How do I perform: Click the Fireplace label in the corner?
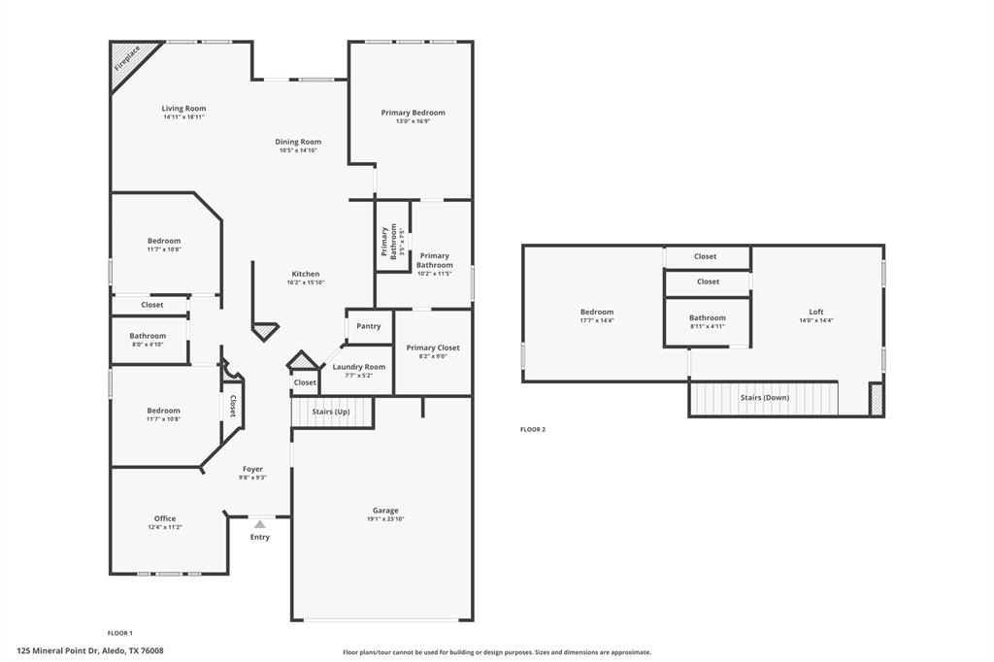[127, 58]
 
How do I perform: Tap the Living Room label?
[183, 109]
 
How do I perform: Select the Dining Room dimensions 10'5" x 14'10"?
[298, 150]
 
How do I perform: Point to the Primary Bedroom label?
[413, 113]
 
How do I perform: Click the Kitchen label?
[306, 274]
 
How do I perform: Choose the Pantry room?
[369, 326]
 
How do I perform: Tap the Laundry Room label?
[359, 367]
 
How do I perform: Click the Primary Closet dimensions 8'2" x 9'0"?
[433, 356]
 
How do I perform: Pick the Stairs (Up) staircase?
[331, 413]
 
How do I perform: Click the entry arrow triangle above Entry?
[260, 524]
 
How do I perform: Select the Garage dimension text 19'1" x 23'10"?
[385, 519]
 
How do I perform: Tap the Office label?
[165, 518]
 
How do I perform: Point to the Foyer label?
[253, 469]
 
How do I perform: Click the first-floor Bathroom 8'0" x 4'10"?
[148, 339]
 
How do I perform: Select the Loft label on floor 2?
[816, 312]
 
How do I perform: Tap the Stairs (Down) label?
[765, 398]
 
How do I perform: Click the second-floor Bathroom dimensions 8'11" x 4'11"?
[708, 326]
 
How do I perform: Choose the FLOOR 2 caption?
[533, 429]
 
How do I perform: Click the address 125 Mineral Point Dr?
[58, 650]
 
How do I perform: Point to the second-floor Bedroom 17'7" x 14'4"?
[597, 315]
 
